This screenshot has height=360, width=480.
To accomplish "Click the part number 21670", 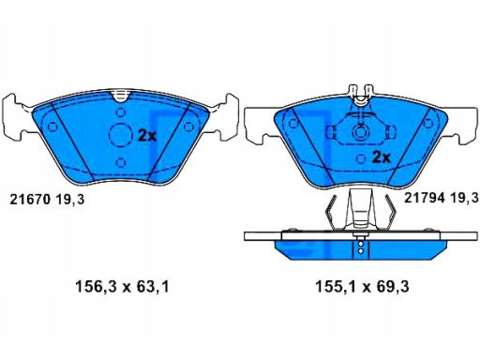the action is (x=30, y=199).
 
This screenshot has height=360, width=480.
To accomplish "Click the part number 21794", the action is (x=425, y=198).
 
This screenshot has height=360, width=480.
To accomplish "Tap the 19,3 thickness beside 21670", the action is (x=70, y=200).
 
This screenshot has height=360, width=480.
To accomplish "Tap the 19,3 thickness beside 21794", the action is (x=465, y=198).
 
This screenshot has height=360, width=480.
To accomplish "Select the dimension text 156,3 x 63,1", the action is (x=122, y=287).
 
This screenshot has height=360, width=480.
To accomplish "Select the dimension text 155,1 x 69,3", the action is (x=362, y=287).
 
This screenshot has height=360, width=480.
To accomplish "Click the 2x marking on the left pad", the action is (x=147, y=135).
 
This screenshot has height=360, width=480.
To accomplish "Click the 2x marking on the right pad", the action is (x=382, y=157).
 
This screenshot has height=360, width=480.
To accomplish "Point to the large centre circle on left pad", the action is (x=121, y=135).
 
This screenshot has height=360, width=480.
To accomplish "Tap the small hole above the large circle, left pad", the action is (x=121, y=112).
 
